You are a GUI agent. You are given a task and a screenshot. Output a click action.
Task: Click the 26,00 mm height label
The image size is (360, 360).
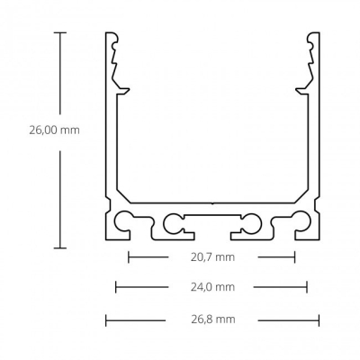tap(54, 130)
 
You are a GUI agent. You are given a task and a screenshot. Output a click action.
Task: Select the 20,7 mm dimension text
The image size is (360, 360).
tap(212, 257)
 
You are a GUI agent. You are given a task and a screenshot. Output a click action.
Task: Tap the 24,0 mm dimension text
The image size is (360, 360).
tap(212, 287)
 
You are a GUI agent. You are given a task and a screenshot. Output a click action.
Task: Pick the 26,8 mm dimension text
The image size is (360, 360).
tap(213, 319)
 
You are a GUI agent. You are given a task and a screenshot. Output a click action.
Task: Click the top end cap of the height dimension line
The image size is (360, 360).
tap(60, 32)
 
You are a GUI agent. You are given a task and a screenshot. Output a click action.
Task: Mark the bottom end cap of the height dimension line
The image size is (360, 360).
tap(60, 247)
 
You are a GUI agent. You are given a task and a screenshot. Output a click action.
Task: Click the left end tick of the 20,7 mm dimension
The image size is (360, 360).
tap(129, 257)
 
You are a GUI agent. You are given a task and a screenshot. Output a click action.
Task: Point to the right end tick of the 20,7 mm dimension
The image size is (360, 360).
tap(295, 257)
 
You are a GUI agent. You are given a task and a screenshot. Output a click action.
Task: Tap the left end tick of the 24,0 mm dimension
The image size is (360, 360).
tap(116, 287)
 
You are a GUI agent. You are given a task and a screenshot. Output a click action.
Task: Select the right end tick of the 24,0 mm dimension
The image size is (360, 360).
tap(307, 287)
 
